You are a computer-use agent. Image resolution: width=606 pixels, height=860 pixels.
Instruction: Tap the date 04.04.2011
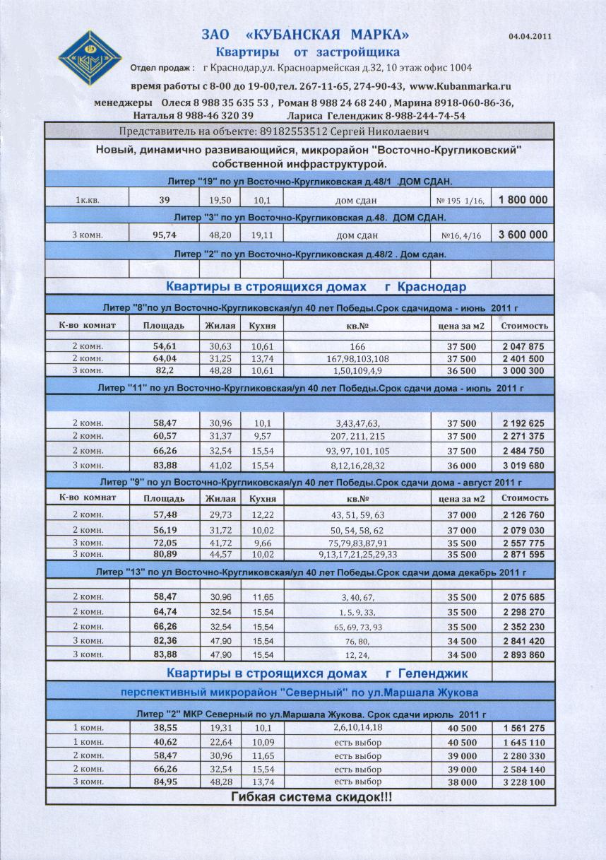(x=529, y=35)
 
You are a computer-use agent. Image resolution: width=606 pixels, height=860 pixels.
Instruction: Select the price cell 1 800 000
(x=523, y=200)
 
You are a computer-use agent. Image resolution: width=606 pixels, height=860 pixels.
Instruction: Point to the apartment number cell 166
(x=357, y=347)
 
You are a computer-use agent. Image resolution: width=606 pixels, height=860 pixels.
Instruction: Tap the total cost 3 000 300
(x=523, y=370)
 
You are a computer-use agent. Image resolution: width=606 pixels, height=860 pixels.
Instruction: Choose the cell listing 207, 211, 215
(x=357, y=436)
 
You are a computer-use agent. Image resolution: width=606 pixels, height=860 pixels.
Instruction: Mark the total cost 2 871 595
(x=523, y=555)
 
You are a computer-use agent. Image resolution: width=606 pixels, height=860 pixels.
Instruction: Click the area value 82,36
(x=164, y=641)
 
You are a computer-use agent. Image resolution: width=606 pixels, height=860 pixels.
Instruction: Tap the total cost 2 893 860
(x=523, y=655)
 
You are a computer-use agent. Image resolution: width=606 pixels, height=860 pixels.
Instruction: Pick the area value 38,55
(x=164, y=728)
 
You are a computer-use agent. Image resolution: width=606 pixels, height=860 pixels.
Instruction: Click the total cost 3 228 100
(x=523, y=782)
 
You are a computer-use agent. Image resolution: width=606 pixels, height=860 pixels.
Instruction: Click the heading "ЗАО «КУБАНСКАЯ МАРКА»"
(x=305, y=35)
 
